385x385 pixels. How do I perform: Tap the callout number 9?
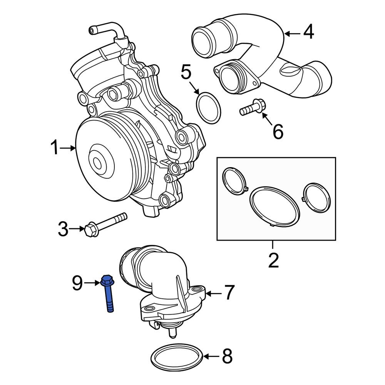[x=77, y=284]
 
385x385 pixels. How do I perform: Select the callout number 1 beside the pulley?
[x=55, y=148]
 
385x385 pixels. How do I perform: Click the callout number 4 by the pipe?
[x=308, y=33]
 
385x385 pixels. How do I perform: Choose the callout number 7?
[x=229, y=293]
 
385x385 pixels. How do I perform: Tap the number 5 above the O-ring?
[x=186, y=72]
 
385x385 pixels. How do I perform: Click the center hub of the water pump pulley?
[x=99, y=161]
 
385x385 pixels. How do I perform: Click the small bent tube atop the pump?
[x=106, y=31]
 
